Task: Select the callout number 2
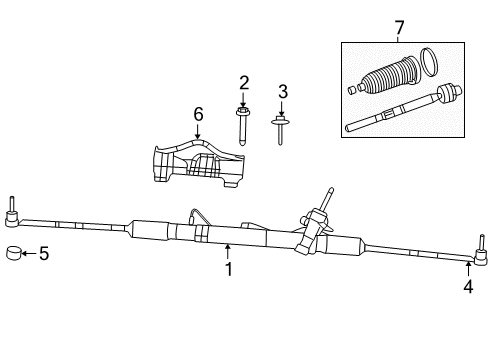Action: click(242, 82)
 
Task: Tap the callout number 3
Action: click(283, 92)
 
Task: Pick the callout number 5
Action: click(43, 254)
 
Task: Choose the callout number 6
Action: click(198, 115)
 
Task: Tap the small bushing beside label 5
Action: click(15, 253)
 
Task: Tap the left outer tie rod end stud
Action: click(13, 207)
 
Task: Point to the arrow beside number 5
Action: click(29, 254)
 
